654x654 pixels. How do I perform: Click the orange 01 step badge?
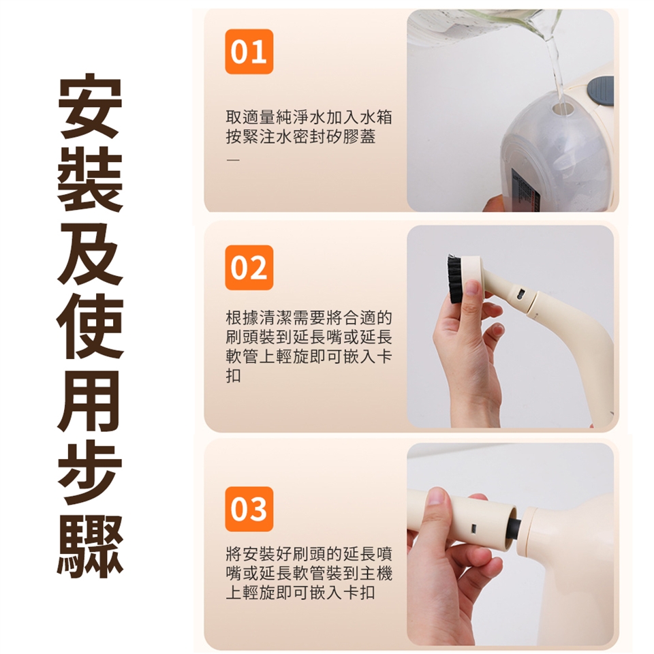tap(249, 52)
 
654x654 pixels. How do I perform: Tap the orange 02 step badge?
tap(249, 268)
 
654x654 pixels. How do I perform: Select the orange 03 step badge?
tap(249, 509)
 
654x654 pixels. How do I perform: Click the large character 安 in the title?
tap(90, 107)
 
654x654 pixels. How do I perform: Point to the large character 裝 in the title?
tap(90, 178)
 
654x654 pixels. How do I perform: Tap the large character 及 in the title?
tap(90, 251)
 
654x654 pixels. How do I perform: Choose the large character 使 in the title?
tap(90, 326)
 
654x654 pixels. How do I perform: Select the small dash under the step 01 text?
tap(233, 160)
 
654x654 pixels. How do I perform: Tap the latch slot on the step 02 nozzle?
tap(520, 294)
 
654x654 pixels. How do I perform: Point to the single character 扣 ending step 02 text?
tap(233, 376)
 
